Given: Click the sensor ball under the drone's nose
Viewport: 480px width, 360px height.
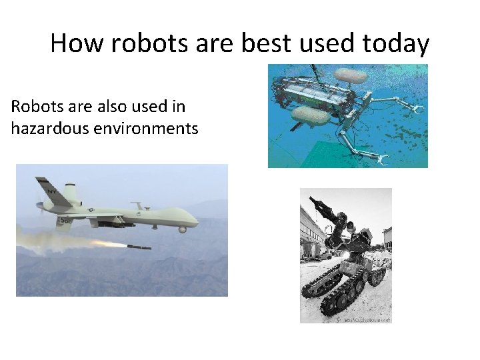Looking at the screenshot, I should (x=183, y=229).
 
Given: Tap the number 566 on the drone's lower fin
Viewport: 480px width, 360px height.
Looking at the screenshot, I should (x=66, y=221).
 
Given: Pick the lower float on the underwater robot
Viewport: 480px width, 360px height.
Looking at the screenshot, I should (x=311, y=117).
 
